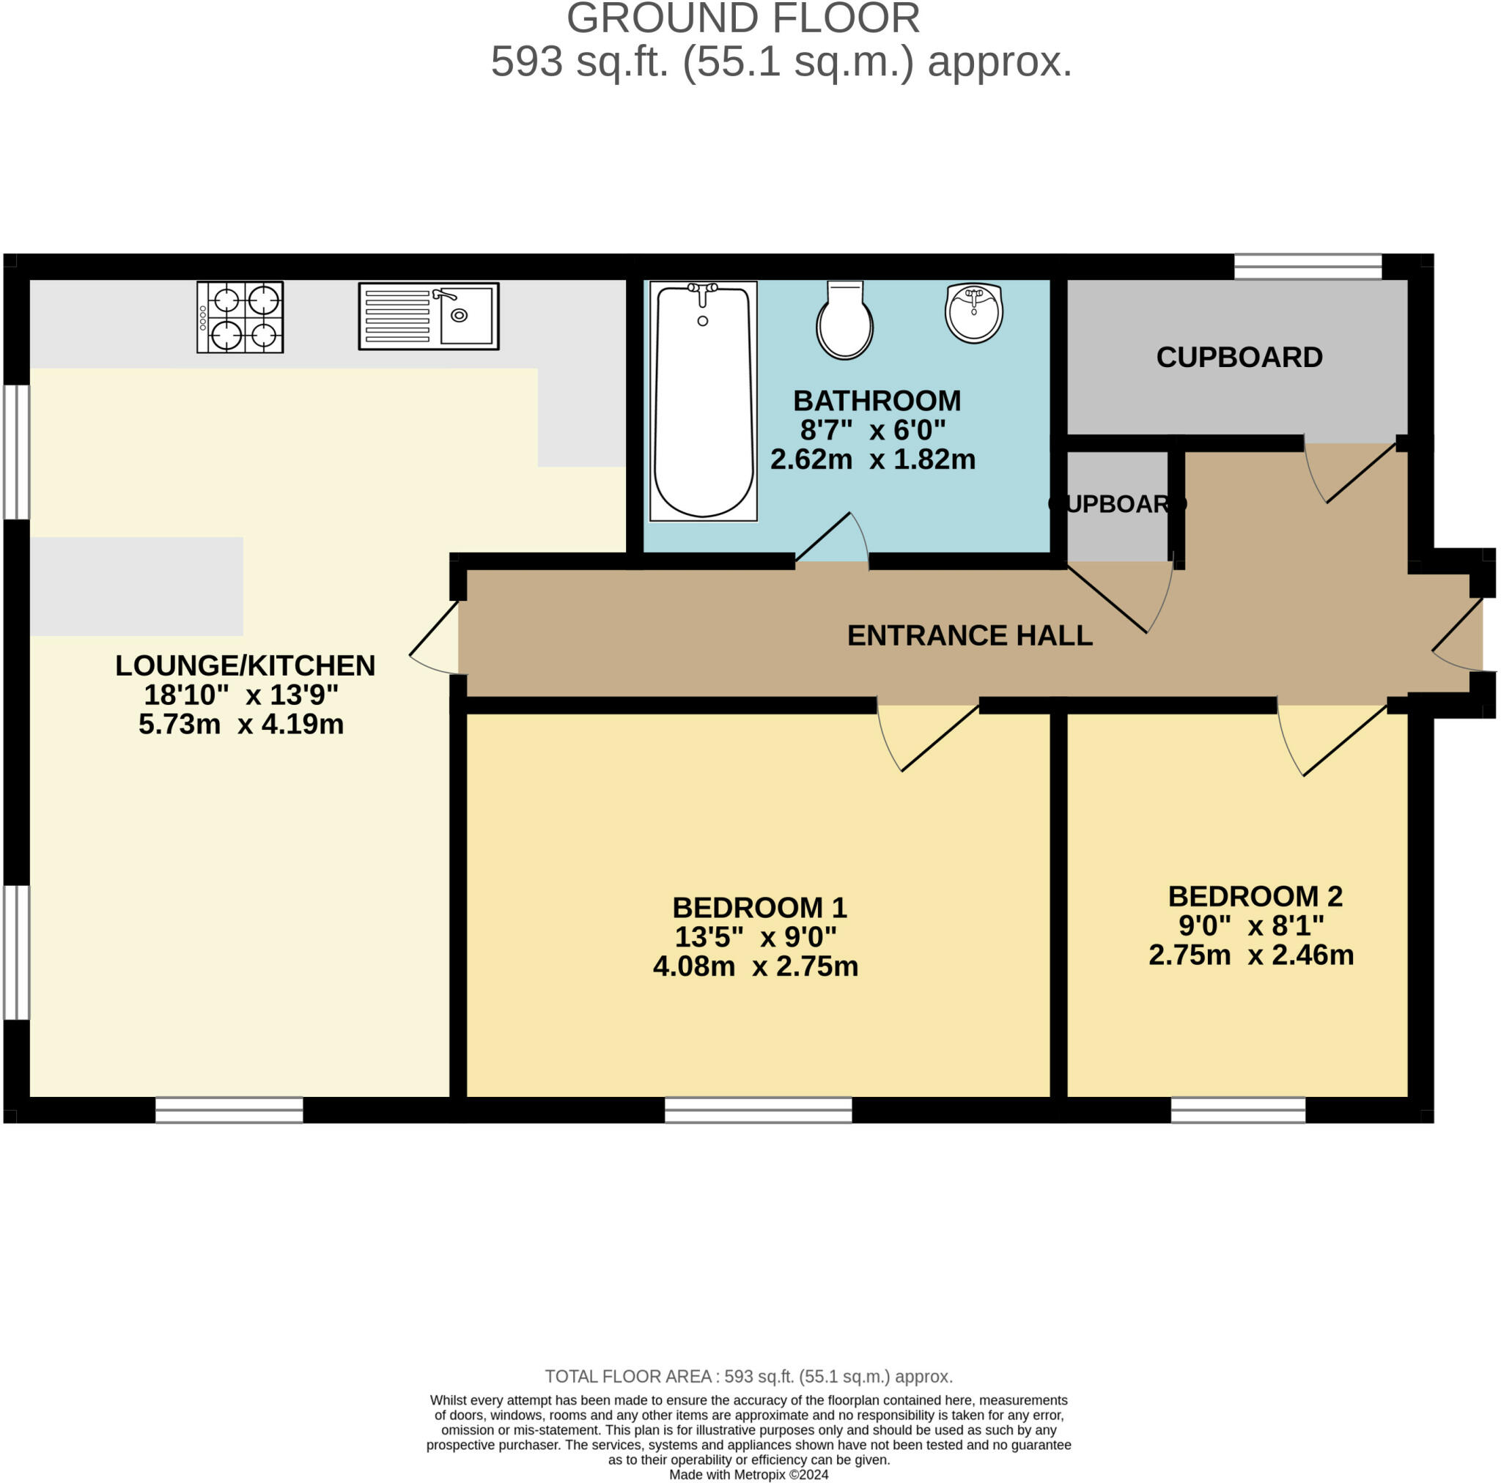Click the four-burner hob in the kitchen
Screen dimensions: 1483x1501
240,317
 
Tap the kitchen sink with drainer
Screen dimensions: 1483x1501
428,317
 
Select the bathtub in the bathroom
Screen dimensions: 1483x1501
703,400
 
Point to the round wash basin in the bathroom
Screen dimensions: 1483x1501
973,312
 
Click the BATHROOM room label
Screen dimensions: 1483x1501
877,401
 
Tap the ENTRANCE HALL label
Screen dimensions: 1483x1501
970,635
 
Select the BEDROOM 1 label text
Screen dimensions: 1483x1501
759,907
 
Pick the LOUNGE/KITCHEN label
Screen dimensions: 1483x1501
245,665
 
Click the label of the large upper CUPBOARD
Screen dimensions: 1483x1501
1239,358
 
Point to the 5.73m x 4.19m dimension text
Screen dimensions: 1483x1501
241,724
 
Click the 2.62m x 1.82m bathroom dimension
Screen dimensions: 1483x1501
872,459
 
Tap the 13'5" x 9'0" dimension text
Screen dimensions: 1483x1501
755,937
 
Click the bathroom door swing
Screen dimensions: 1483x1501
831,538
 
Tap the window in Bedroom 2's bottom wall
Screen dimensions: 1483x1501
1238,1109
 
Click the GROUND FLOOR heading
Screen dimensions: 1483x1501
742,18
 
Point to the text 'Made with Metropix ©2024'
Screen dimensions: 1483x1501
748,1473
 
